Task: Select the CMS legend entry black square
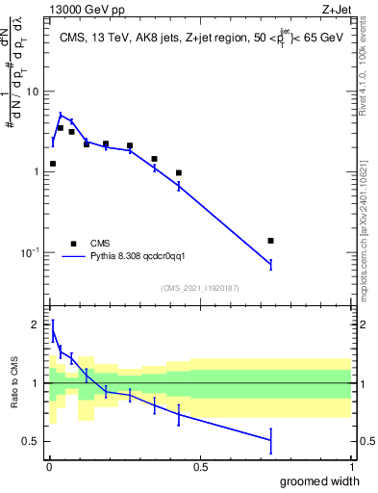(x=72, y=244)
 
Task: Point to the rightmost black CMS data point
(x=270, y=241)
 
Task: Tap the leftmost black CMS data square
(x=53, y=164)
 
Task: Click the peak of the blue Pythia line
(x=61, y=115)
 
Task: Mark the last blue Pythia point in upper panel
(x=270, y=264)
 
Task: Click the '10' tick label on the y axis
(x=32, y=91)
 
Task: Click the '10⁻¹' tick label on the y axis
(x=30, y=252)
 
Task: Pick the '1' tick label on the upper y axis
(x=36, y=172)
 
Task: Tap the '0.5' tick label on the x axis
(x=200, y=467)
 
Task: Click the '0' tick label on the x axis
(x=49, y=467)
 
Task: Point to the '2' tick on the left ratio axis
(x=36, y=324)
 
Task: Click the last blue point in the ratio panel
(x=270, y=440)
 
